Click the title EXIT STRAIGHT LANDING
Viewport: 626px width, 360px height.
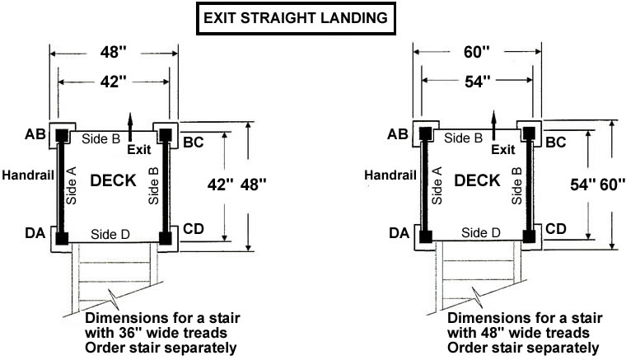tap(296, 18)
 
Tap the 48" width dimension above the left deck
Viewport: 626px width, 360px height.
tap(113, 52)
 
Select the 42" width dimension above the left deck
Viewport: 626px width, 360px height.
tap(113, 82)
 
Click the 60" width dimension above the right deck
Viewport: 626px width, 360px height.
tap(477, 51)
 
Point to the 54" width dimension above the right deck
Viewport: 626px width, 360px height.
tap(478, 81)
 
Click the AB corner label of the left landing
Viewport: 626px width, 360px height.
tap(35, 134)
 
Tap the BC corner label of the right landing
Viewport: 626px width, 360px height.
tap(556, 142)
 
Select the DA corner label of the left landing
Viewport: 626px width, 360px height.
tap(35, 232)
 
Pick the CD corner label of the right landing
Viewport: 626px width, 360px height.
tap(556, 229)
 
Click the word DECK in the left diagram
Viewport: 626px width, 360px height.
tap(114, 180)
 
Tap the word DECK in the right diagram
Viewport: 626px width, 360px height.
tap(477, 180)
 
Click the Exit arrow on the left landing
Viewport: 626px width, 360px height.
tap(130, 127)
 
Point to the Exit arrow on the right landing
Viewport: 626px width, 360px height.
tap(494, 125)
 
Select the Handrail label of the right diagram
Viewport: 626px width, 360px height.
tap(390, 175)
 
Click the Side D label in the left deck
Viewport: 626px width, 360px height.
tap(110, 234)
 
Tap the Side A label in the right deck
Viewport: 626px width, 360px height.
tap(437, 185)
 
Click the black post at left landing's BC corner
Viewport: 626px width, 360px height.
tap(166, 135)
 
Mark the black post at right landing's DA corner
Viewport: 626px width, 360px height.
tap(426, 236)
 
